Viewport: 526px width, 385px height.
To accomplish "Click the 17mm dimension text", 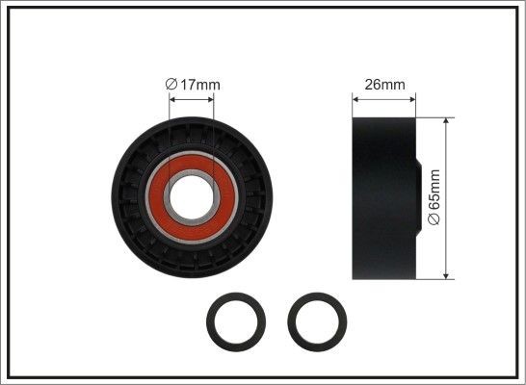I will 199,85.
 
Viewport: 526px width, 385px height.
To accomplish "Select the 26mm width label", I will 382,85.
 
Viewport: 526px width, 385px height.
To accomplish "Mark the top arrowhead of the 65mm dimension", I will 447,123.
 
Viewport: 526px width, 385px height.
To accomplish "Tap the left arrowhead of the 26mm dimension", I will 353,96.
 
